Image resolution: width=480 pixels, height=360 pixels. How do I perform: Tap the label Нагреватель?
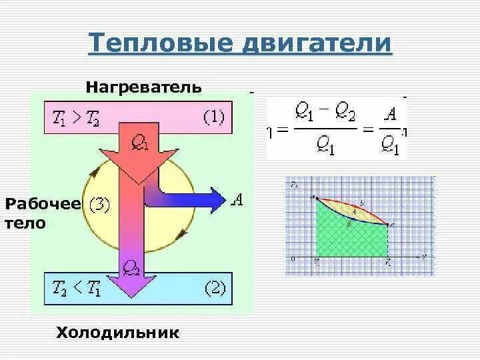click(x=143, y=87)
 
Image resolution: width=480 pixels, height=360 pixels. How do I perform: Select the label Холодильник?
click(x=117, y=332)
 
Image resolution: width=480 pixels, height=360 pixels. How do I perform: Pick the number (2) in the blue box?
click(x=215, y=289)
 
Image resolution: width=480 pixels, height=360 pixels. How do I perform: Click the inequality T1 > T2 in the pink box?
click(x=75, y=118)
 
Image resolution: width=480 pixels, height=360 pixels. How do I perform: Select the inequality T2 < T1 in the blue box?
click(x=75, y=289)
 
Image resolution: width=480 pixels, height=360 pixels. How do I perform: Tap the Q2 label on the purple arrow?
click(x=131, y=268)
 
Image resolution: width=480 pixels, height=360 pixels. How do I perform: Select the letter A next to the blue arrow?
click(x=237, y=199)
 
